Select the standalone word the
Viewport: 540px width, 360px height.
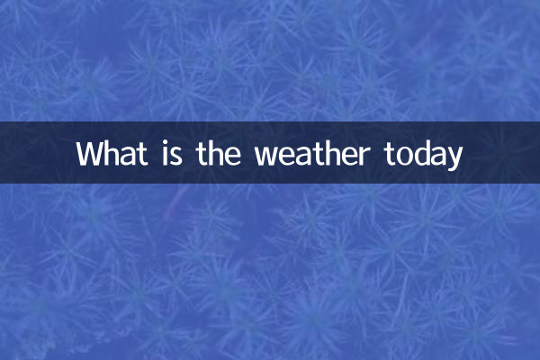click(218, 153)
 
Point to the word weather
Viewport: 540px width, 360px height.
click(311, 153)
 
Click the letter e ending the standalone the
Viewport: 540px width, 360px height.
click(233, 156)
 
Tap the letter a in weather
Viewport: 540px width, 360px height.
click(301, 156)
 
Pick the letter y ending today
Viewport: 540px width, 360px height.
click(454, 158)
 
